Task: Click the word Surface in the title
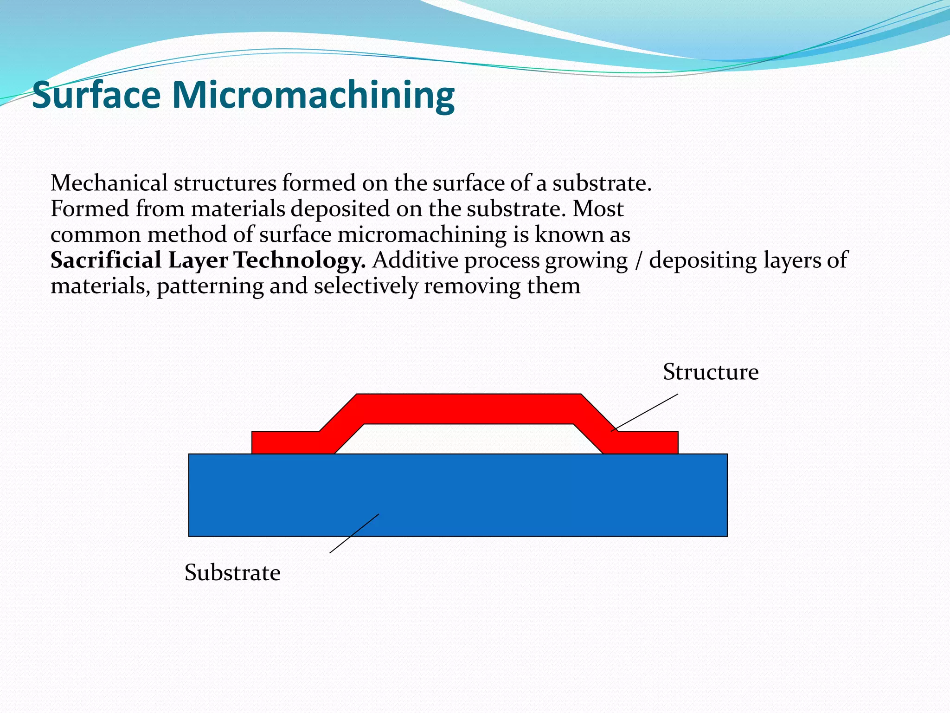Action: click(96, 95)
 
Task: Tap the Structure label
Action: click(710, 372)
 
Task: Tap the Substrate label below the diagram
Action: click(232, 572)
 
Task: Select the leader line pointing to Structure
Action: click(645, 413)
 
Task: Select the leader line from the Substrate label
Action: click(354, 533)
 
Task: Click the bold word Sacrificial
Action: click(106, 260)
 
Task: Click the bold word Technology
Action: click(299, 260)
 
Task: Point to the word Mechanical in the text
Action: click(109, 183)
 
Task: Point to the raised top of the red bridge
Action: click(469, 408)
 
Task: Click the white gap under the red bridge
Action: click(469, 439)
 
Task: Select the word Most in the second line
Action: click(598, 209)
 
